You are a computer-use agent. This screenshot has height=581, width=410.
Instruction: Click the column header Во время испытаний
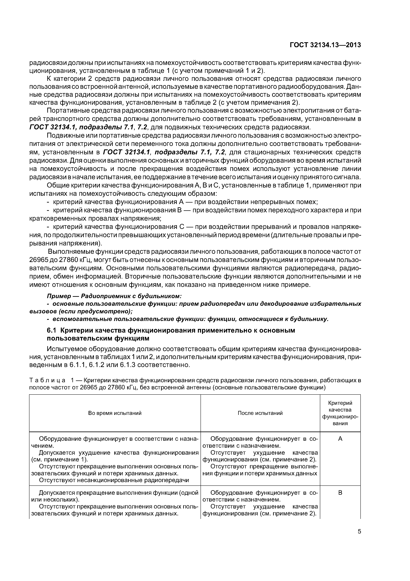tap(115, 413)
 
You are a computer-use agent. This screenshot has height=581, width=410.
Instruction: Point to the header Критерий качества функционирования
tap(340, 413)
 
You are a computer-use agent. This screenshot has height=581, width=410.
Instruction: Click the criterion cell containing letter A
tap(340, 439)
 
